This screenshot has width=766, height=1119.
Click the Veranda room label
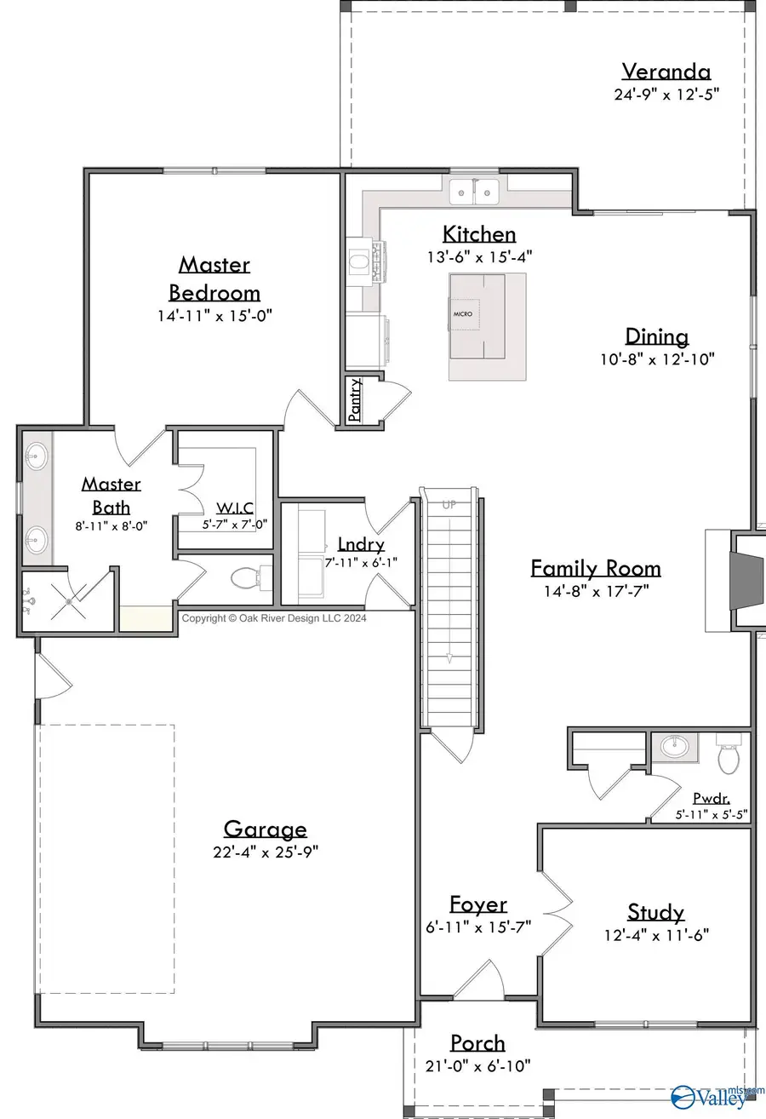click(x=666, y=72)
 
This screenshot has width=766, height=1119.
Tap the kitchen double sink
click(x=475, y=192)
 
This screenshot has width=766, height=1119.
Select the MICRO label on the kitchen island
click(x=462, y=313)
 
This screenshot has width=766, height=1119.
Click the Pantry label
click(x=355, y=399)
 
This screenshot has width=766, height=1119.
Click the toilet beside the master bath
click(x=244, y=579)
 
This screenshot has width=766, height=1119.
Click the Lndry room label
click(x=360, y=544)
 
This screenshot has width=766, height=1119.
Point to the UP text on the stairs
click(x=449, y=505)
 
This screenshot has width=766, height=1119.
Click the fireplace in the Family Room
click(x=740, y=581)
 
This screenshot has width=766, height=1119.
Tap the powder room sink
click(x=677, y=747)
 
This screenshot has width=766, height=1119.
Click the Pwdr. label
click(x=712, y=799)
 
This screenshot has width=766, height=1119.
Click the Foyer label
click(x=477, y=904)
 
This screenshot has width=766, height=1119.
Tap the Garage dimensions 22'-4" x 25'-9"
click(x=265, y=851)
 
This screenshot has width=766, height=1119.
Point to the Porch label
click(x=477, y=1042)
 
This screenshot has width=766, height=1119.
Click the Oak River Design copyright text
click(x=274, y=619)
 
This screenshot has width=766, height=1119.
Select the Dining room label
click(x=656, y=336)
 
